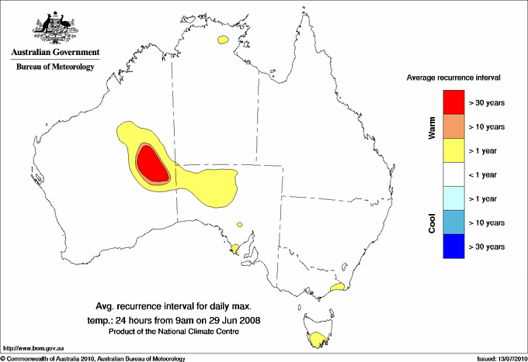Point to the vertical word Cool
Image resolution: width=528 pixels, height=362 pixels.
pyautogui.click(x=432, y=222)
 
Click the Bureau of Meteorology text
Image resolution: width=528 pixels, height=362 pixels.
pyautogui.click(x=55, y=67)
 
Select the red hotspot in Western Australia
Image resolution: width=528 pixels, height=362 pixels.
pyautogui.click(x=151, y=164)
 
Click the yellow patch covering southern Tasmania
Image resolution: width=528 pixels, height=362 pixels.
pyautogui.click(x=317, y=339)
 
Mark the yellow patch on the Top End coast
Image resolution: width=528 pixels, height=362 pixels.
pyautogui.click(x=224, y=39)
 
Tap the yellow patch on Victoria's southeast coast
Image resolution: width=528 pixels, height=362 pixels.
pyautogui.click(x=337, y=288)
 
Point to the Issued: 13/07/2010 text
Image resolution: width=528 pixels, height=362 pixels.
pyautogui.click(x=501, y=358)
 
